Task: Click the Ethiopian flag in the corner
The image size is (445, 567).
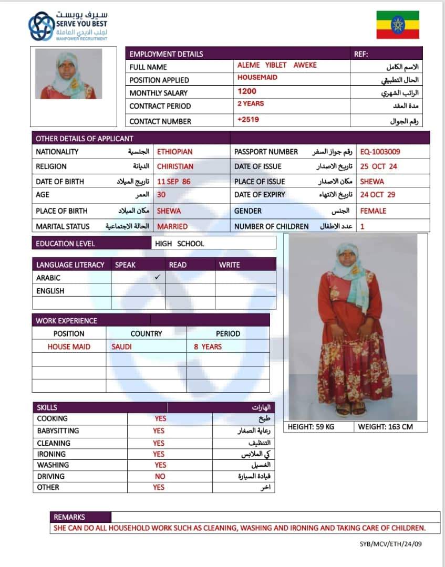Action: [x=398, y=25]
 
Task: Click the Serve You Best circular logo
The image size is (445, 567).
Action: [x=41, y=26]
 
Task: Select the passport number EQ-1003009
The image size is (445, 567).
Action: [x=380, y=152]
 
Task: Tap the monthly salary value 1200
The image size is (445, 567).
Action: [x=247, y=91]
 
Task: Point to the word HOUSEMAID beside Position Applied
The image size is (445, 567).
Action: [x=257, y=78]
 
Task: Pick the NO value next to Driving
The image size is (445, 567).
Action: [x=160, y=476]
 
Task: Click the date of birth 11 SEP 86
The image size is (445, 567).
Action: [x=174, y=182]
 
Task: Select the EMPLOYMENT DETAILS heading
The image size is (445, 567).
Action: [x=166, y=54]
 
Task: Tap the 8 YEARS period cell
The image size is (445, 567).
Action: [x=208, y=346]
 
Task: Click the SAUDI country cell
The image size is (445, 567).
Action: [x=121, y=346]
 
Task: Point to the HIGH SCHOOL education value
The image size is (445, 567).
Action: [x=179, y=244]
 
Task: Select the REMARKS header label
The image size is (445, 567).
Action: [x=69, y=517]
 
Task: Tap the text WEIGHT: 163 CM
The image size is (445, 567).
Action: [x=385, y=427]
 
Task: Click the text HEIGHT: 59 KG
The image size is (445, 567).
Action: [x=311, y=427]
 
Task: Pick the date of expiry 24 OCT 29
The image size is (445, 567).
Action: [x=378, y=195]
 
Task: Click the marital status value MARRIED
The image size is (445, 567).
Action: [x=172, y=227]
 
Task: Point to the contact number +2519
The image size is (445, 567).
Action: [x=248, y=120]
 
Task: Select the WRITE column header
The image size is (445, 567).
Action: [x=229, y=265]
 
